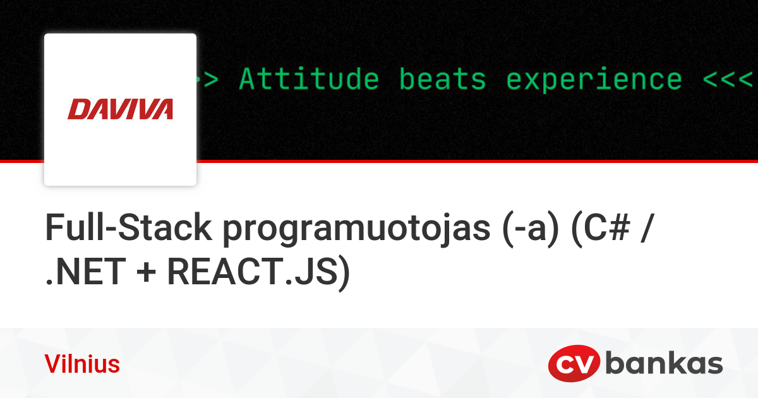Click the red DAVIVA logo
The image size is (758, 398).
120,109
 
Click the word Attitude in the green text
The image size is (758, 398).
309,80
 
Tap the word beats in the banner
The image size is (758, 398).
442,80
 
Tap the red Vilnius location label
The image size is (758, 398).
82,365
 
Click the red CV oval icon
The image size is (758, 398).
574,365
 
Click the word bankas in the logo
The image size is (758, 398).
664,365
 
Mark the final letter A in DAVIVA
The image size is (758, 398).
162,109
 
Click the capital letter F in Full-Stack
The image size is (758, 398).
53,229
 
